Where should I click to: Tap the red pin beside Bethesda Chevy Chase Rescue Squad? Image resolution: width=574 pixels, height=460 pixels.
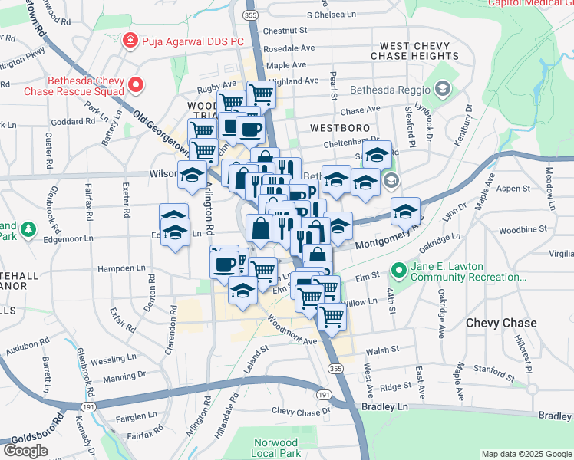(137, 85)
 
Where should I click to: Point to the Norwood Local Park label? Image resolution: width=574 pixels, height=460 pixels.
(275, 449)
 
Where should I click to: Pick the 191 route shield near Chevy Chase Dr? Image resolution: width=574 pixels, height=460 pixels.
(324, 394)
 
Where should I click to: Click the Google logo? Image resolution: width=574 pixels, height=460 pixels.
(25, 450)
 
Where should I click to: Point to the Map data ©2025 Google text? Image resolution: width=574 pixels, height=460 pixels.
(526, 454)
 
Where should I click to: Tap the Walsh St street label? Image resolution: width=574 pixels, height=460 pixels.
(383, 350)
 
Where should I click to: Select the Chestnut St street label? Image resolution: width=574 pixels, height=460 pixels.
(284, 31)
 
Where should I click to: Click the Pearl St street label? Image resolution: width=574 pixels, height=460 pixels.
(333, 86)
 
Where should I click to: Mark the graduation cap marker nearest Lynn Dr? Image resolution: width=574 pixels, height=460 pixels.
(405, 212)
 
